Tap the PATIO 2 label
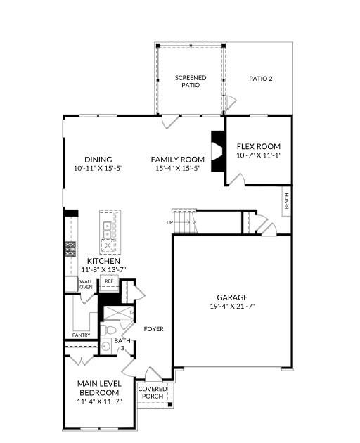261,79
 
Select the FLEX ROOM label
258,146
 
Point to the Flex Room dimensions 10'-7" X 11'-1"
258,155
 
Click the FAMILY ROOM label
178,160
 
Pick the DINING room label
98,160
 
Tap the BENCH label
286,200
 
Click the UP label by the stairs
169,222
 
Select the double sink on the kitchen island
108,228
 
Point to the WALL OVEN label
85,284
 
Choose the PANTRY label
81,335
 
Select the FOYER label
154,328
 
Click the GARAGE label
231,297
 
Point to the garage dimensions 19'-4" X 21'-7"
231,307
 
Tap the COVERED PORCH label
152,392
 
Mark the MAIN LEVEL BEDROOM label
99,387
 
